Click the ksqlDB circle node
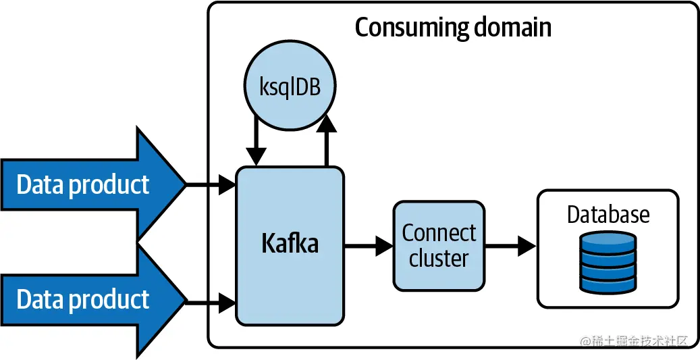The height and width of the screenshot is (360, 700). pos(290,87)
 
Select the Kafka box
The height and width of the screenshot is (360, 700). pos(290,244)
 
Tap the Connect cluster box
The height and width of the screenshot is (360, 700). pos(439,245)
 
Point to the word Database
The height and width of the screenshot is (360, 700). pos(608,215)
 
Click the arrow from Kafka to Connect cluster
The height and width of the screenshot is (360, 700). pos(369,246)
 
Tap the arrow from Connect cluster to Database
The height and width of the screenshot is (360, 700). pos(510,246)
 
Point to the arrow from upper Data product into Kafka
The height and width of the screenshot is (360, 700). pos(210,184)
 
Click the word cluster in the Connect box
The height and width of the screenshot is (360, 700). pos(439,257)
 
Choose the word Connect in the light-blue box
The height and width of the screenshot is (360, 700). pos(439,233)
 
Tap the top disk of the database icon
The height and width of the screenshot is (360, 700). pos(608,240)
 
